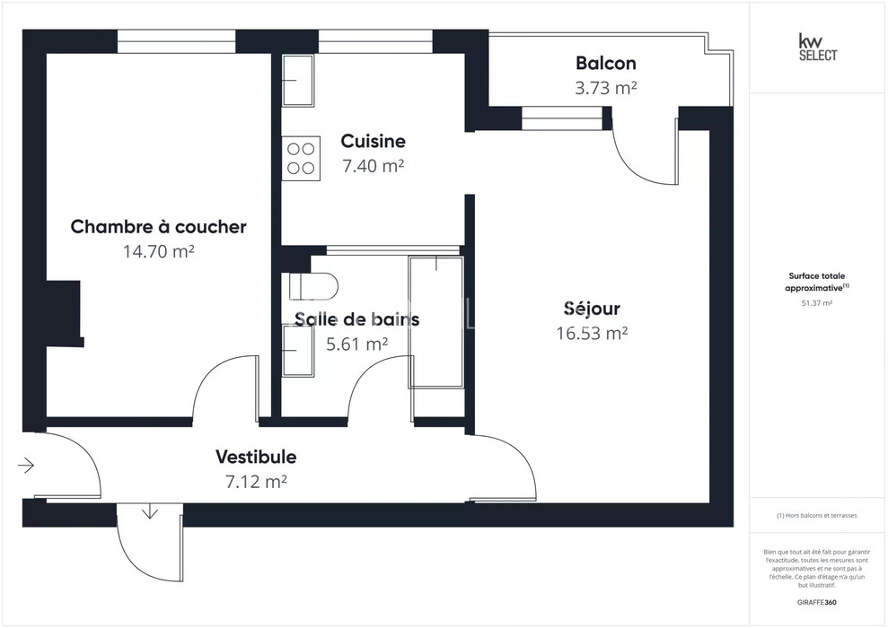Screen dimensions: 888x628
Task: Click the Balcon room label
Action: (605, 63)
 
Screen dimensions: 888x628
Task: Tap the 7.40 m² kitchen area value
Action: (373, 166)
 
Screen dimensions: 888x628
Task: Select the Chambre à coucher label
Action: (159, 226)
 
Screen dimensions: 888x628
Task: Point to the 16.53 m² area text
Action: (592, 333)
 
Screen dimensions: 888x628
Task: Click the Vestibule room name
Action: (256, 457)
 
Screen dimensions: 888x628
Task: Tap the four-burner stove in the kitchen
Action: (301, 159)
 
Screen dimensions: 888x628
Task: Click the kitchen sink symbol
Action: (298, 81)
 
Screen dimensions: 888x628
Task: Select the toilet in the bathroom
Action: (313, 286)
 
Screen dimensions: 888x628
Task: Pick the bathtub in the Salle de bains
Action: (436, 322)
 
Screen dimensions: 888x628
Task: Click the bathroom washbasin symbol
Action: (298, 351)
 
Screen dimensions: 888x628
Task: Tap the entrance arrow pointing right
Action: (26, 466)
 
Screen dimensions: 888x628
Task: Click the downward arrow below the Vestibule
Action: (150, 511)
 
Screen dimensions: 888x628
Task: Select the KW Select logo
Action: (817, 48)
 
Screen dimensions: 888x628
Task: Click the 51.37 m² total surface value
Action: (817, 302)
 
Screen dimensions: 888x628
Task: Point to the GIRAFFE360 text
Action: (817, 602)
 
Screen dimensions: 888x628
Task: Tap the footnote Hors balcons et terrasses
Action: (817, 516)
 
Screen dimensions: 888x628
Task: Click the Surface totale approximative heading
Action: (817, 282)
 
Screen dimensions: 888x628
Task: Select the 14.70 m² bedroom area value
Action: (159, 251)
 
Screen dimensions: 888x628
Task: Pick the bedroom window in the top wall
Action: (176, 41)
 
